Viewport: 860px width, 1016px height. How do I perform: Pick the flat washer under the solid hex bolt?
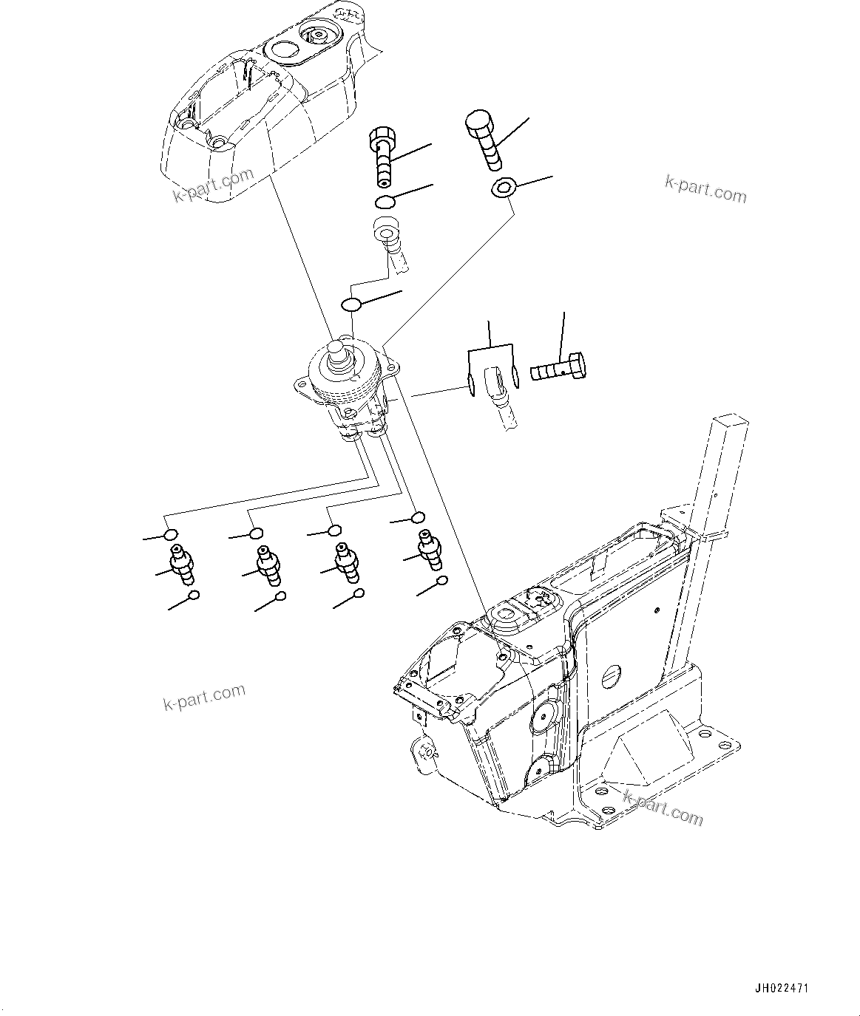(x=503, y=189)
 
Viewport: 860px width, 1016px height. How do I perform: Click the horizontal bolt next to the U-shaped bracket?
(x=558, y=368)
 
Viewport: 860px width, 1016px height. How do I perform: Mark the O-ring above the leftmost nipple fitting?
(x=170, y=535)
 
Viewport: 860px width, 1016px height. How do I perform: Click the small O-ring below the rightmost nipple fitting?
(x=441, y=582)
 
